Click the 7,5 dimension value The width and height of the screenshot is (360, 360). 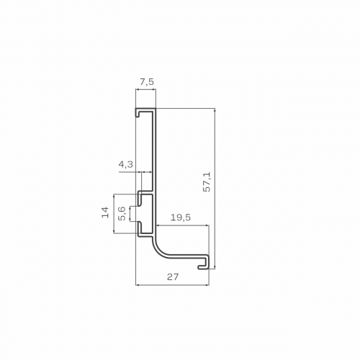point(146,82)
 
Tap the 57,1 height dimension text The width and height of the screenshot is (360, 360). point(207,181)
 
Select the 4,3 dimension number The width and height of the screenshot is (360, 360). point(125,165)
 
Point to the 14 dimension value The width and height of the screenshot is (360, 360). point(105,212)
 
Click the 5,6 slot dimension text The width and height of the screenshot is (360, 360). point(122,213)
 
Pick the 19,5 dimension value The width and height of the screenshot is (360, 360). point(181,217)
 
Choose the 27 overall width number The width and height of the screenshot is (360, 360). point(173,277)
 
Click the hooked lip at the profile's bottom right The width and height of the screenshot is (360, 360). point(204,263)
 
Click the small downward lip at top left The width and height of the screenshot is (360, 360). point(137,113)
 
